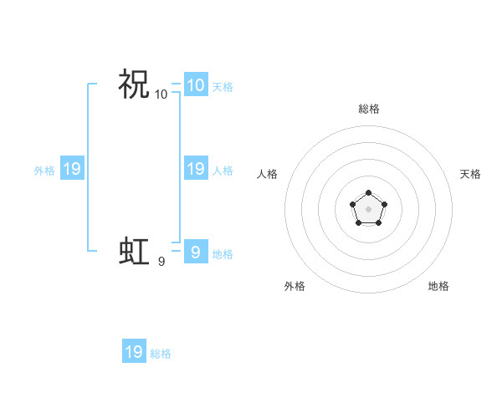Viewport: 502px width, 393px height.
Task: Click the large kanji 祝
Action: (x=134, y=84)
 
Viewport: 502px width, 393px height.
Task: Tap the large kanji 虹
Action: (x=134, y=251)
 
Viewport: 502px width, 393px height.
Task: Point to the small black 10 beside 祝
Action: (x=161, y=94)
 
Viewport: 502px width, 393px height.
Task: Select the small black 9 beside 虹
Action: (x=161, y=262)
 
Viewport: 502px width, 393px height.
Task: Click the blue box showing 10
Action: (x=196, y=84)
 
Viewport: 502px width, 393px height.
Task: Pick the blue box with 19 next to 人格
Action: (x=196, y=168)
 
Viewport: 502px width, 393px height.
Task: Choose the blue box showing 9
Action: (x=196, y=252)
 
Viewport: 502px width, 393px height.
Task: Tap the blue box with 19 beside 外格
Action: (x=72, y=169)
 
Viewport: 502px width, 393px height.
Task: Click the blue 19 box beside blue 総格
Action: (x=134, y=352)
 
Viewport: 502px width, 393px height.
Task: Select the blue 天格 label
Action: (x=223, y=86)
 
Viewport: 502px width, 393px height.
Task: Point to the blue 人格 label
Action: (x=223, y=170)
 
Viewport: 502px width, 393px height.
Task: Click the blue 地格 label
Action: (x=223, y=253)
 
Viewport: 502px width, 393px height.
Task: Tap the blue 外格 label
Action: (x=44, y=170)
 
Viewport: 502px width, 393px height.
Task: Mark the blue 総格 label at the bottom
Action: (x=161, y=354)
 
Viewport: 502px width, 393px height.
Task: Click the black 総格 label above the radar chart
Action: (x=368, y=109)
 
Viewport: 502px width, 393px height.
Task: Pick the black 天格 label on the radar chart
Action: (x=470, y=174)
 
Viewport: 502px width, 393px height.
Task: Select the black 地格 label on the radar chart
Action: (x=438, y=286)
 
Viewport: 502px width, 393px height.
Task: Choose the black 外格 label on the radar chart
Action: (x=295, y=286)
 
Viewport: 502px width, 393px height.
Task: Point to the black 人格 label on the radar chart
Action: (x=268, y=174)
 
